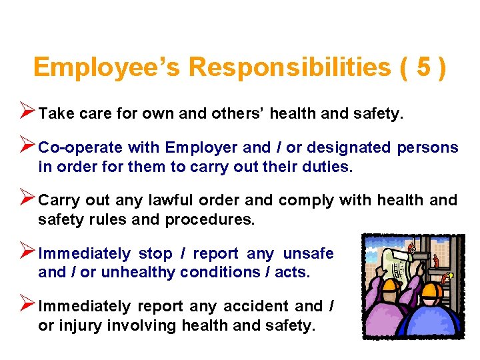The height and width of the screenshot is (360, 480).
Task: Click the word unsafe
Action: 308,254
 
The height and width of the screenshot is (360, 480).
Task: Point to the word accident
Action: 256,307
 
